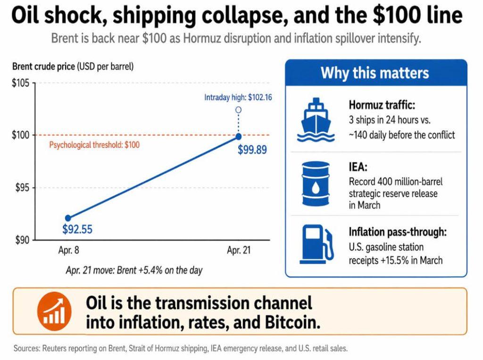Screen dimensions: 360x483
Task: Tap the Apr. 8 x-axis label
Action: coord(68,251)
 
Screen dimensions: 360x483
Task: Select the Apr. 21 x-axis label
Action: coord(238,251)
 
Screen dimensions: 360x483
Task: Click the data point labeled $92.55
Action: coord(68,218)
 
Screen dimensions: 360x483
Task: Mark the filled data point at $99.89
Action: coord(238,137)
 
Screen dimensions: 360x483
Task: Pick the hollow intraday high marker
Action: coord(238,110)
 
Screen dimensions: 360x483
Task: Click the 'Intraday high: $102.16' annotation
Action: coord(238,98)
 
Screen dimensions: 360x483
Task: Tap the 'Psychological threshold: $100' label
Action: coord(94,145)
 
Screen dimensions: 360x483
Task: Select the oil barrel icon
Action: coord(316,184)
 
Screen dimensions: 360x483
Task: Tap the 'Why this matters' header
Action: coord(375,73)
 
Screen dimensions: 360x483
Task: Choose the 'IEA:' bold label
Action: coord(358,167)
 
